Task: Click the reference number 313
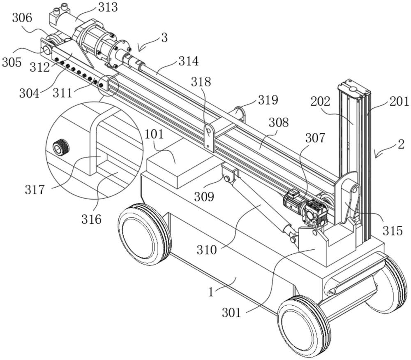coord(108,7)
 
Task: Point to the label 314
coord(189,62)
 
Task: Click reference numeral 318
coord(201,82)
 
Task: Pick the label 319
coord(268,100)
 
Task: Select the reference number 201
coord(399,101)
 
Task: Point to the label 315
coord(393,230)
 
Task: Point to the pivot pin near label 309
coord(226,178)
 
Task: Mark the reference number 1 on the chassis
coord(210,293)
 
